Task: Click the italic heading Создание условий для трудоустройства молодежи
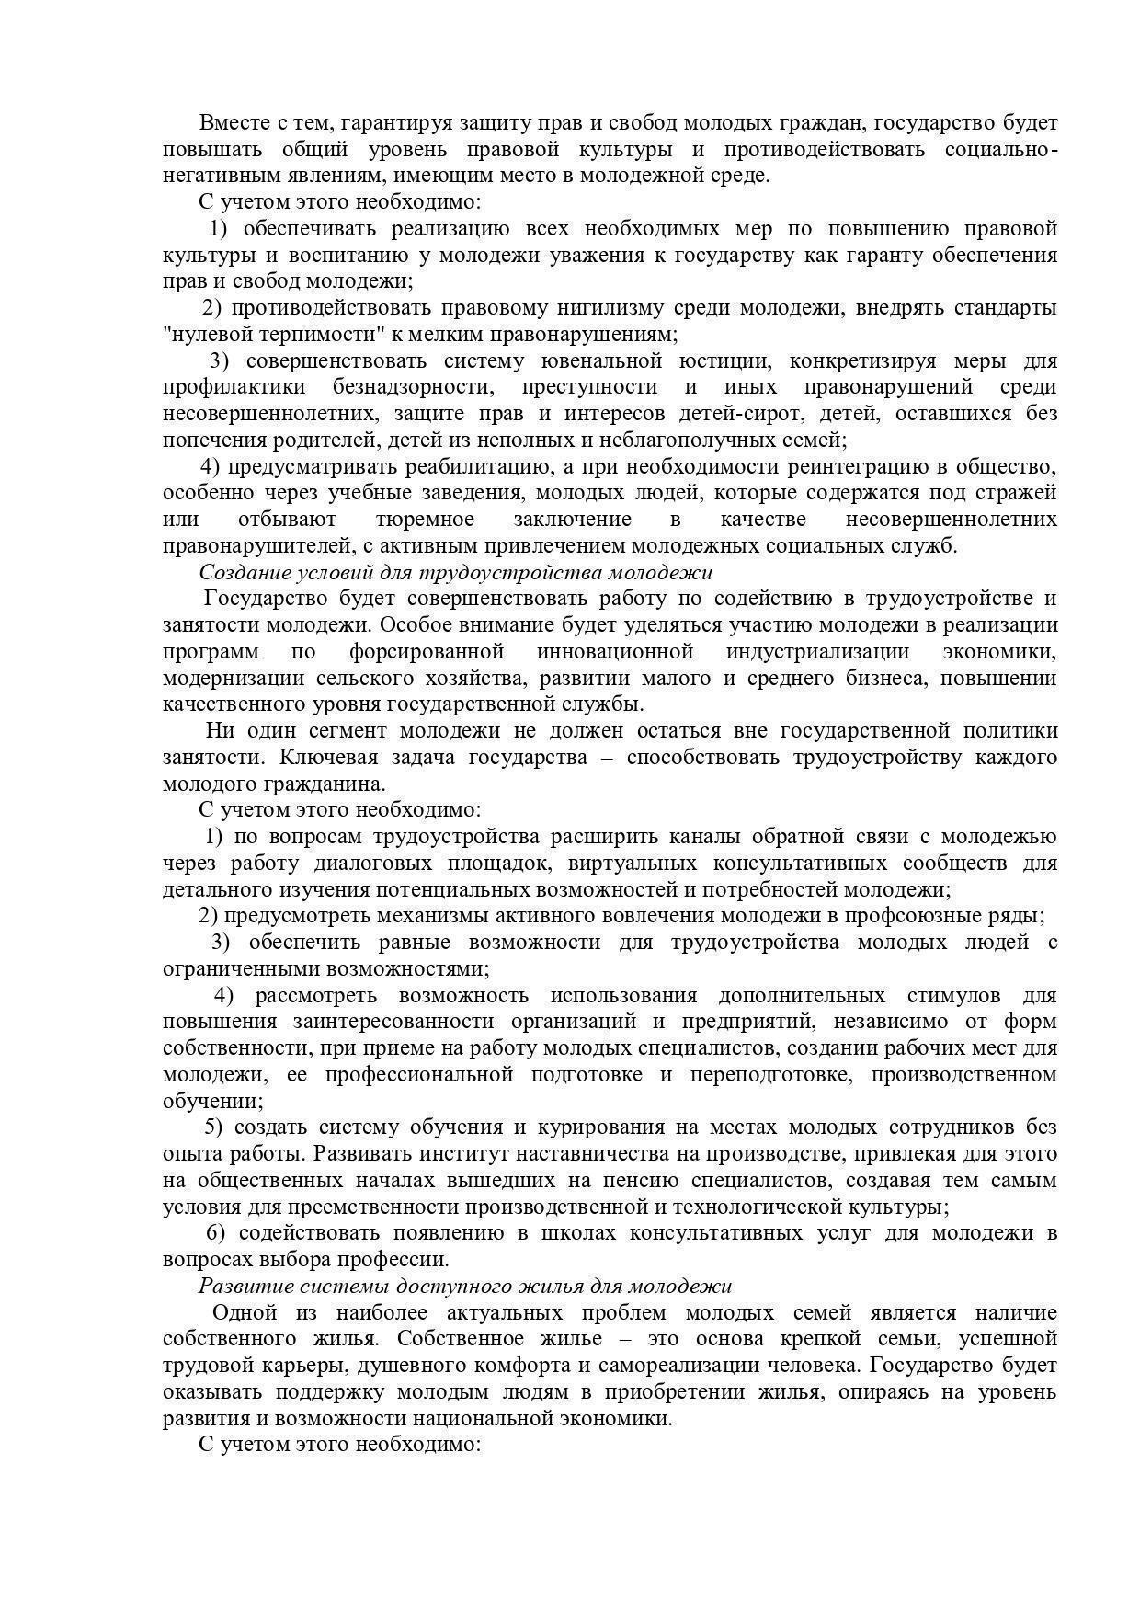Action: [456, 572]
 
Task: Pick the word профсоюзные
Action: [902, 917]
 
